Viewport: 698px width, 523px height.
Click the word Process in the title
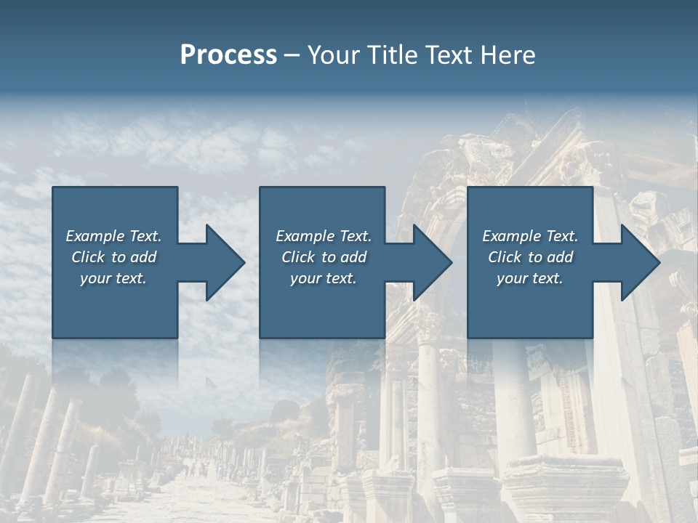click(228, 55)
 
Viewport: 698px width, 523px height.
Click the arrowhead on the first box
click(222, 262)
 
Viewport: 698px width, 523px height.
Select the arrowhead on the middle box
click(430, 262)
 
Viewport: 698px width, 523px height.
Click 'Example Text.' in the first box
click(113, 236)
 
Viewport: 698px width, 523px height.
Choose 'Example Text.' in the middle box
click(324, 236)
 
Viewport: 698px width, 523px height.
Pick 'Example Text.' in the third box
click(530, 236)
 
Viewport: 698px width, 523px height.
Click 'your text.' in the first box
click(113, 278)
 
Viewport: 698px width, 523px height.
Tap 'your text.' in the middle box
click(324, 278)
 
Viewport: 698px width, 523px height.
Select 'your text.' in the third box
click(530, 278)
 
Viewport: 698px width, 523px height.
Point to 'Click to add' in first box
click(113, 257)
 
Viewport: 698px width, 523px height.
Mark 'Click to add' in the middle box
click(324, 257)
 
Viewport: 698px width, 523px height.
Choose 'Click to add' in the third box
click(530, 257)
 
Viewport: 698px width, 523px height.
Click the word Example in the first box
click(95, 236)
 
